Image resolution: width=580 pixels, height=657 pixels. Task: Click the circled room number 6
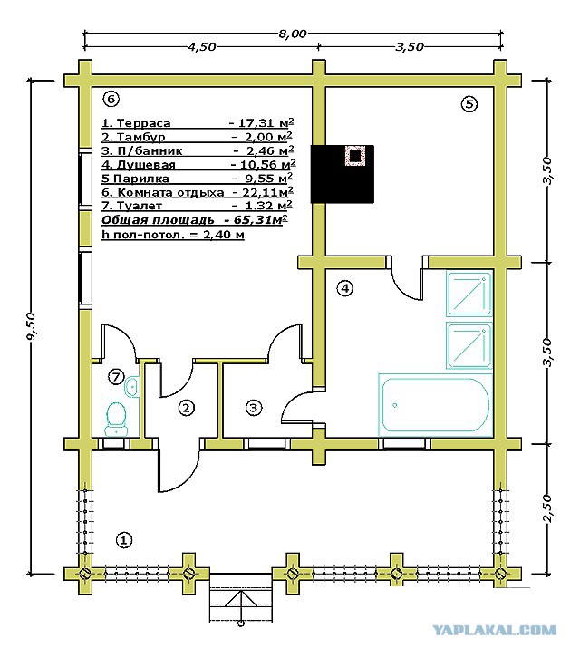[111, 99]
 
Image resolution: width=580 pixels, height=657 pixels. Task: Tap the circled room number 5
[469, 103]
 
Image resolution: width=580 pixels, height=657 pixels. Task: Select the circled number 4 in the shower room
[345, 288]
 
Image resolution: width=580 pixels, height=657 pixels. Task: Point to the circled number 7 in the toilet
[116, 376]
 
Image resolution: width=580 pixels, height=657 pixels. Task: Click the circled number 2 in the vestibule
[187, 407]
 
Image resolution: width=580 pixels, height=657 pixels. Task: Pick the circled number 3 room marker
[253, 407]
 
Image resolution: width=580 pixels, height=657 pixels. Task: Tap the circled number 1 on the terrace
[123, 540]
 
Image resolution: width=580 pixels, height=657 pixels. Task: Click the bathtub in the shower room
[435, 405]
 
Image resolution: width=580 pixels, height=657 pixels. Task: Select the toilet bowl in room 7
[116, 419]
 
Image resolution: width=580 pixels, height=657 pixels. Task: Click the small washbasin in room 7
[131, 386]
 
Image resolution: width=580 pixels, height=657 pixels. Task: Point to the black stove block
[342, 174]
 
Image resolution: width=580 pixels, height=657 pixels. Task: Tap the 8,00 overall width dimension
[292, 34]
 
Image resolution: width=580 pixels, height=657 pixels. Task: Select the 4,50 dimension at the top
[201, 46]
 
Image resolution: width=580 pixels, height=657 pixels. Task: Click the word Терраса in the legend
[144, 123]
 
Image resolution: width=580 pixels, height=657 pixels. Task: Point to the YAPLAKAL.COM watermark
[494, 630]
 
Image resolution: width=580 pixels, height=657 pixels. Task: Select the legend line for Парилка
[197, 179]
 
